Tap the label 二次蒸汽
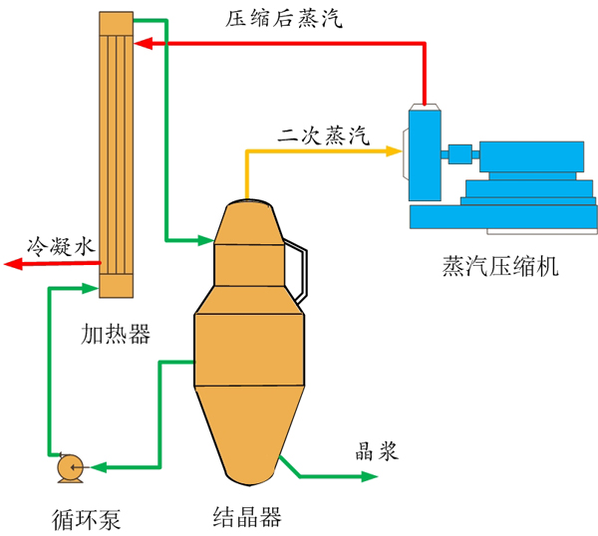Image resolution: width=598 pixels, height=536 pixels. click(323, 135)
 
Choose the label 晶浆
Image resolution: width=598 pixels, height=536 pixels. click(378, 451)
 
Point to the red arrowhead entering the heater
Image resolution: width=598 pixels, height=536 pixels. click(142, 43)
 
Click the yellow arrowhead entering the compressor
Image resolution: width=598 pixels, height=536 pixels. click(396, 151)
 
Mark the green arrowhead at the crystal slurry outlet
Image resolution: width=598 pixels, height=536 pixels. click(372, 477)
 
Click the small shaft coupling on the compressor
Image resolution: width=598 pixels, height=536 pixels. click(459, 153)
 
